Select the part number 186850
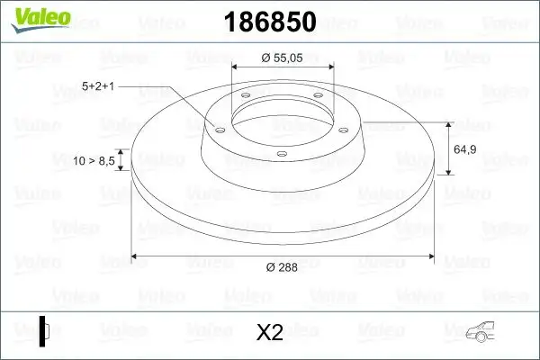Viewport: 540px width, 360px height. tap(269, 22)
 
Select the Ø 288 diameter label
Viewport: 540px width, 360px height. tap(283, 267)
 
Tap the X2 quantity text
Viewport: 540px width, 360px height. tap(269, 332)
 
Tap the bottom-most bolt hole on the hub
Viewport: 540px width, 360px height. tap(281, 154)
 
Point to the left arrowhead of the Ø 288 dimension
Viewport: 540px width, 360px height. tap(135, 256)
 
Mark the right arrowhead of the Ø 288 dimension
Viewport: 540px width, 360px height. tap(441, 256)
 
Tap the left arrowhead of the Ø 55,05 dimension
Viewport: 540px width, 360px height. tap(236, 67)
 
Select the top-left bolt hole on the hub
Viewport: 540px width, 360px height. tap(243, 97)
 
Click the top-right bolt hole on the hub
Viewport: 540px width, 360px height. tap(319, 97)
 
